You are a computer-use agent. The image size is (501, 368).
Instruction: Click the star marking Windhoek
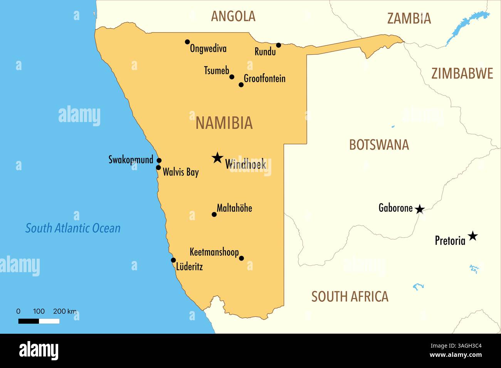coord(217,157)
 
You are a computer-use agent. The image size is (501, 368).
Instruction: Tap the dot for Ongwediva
coord(187,42)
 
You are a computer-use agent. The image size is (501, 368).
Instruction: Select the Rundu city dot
coord(279,45)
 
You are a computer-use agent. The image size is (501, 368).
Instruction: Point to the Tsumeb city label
coord(216,71)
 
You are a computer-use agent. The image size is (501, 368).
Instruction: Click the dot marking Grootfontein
coord(241,85)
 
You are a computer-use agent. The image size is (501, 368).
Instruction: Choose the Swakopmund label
coord(131,159)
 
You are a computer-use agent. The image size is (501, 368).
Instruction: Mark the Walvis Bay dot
coord(158,167)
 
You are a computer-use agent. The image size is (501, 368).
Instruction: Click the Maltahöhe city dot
coord(214,214)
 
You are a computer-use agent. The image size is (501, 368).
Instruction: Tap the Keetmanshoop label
coord(214,252)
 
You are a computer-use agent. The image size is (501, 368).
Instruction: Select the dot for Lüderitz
coord(173,260)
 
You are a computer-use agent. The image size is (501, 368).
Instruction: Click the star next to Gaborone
coord(420,209)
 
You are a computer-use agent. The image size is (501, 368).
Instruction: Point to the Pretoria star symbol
coord(472,236)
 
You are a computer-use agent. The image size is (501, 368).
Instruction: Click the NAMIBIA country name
coord(224,123)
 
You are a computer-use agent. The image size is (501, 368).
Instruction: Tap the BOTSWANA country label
coord(379,145)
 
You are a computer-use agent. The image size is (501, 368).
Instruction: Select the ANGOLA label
coord(233,16)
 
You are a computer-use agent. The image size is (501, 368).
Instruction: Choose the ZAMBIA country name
coord(409,18)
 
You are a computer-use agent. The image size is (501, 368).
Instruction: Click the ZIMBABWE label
coord(462,74)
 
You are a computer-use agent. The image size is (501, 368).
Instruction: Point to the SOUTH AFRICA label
coord(350,296)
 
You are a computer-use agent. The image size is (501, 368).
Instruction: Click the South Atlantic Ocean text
coord(73,228)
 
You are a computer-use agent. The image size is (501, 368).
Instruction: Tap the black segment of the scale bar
coord(29,321)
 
